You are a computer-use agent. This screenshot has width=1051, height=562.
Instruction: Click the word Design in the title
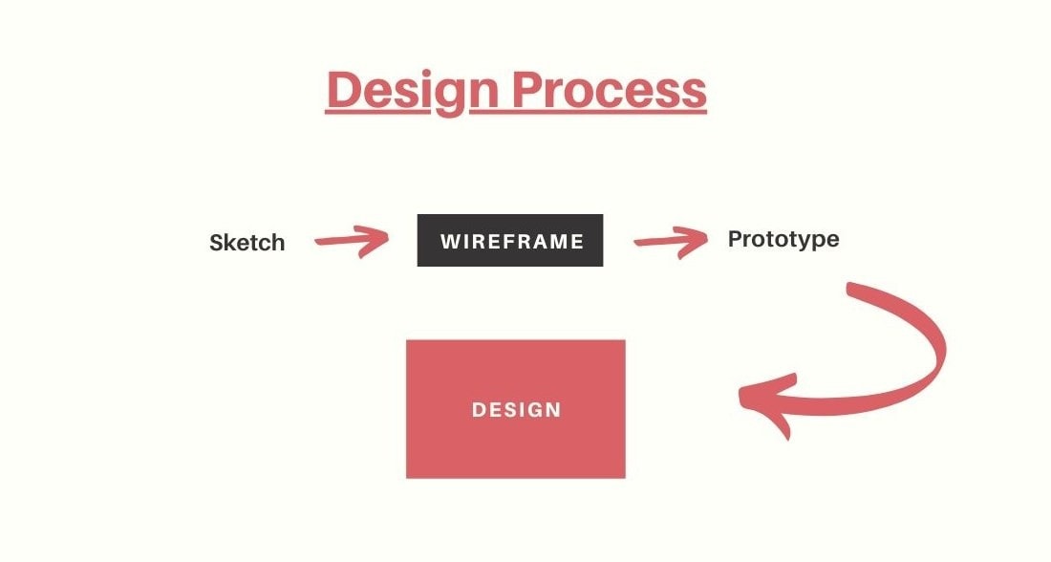(x=413, y=91)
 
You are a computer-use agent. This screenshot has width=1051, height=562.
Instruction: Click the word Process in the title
(x=610, y=90)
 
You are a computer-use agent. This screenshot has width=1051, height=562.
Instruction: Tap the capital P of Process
(x=529, y=89)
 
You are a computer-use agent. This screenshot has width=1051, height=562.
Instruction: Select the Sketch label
(x=247, y=242)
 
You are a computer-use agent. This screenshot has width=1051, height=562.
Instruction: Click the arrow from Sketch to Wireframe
(x=352, y=241)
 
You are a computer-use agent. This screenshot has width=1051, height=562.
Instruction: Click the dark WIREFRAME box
(x=510, y=240)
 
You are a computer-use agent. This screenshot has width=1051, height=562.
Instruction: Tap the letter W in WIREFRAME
(x=449, y=242)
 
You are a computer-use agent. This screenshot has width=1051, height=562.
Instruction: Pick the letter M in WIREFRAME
(x=558, y=242)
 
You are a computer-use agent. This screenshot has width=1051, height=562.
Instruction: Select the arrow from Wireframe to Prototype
(x=671, y=242)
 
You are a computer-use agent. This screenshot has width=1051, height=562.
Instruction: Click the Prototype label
(x=783, y=239)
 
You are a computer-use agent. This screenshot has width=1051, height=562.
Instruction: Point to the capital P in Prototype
(x=736, y=238)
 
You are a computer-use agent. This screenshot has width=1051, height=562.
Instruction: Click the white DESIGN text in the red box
(x=516, y=410)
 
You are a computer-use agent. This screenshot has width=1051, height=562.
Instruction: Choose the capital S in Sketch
(x=217, y=242)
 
